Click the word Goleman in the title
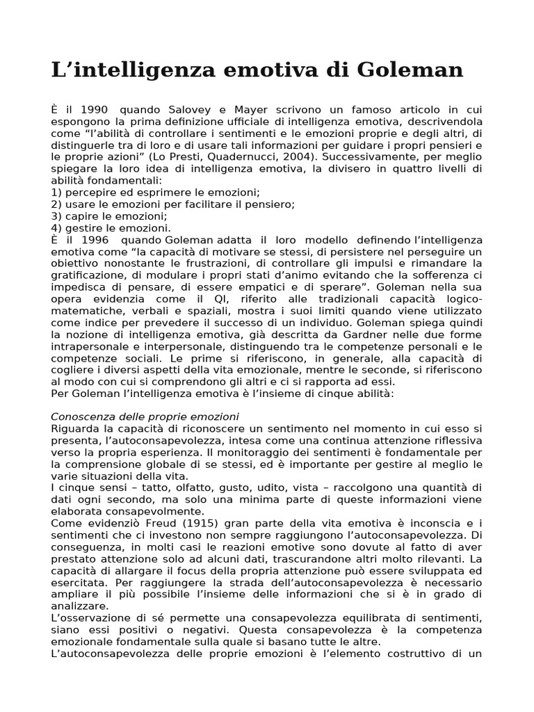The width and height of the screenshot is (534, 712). click(410, 70)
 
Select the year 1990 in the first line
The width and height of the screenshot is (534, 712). click(95, 110)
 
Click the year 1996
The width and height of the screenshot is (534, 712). click(95, 240)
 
